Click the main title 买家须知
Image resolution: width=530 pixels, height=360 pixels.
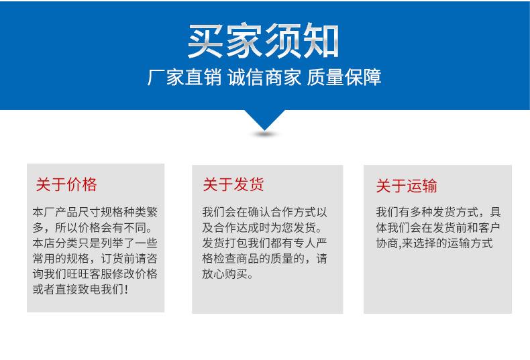(263, 41)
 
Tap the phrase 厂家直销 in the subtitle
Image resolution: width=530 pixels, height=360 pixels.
(184, 77)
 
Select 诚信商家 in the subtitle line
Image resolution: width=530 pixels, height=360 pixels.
(264, 77)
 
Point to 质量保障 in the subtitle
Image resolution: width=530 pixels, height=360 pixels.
(344, 77)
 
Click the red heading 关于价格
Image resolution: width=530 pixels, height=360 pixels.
(66, 184)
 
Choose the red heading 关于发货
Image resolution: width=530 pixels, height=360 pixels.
(233, 184)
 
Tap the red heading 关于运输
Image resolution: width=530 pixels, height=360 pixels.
(407, 186)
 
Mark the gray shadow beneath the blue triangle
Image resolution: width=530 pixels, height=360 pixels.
(265, 134)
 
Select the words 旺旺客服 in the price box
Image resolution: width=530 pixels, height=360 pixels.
(90, 274)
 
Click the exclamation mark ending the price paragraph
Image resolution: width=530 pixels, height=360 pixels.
(126, 290)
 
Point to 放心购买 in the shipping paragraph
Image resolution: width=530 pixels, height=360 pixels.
(225, 274)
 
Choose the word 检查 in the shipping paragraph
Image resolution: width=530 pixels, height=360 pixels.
(225, 259)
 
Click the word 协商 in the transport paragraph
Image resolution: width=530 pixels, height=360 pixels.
(387, 243)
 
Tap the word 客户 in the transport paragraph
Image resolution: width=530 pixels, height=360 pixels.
(490, 228)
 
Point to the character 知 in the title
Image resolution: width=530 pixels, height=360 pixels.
(321, 41)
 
